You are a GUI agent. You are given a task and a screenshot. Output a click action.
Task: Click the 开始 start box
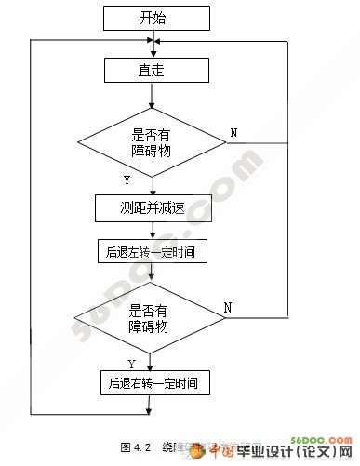[x=151, y=17]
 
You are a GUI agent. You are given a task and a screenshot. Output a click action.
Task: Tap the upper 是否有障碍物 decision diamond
[x=151, y=142]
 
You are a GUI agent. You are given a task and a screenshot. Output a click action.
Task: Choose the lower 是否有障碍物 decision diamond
[x=149, y=318]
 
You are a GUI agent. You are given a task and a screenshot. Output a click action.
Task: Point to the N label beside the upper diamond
[x=233, y=133]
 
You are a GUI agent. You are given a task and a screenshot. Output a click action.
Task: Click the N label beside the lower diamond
[x=228, y=307]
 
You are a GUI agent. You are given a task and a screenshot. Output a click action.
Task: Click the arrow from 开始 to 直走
[x=151, y=43]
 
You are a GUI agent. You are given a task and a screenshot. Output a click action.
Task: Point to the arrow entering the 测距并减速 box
[x=151, y=184]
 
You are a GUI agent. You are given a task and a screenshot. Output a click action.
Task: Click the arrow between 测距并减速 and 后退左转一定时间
[x=151, y=230]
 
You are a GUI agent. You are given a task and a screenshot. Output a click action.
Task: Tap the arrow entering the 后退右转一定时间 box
[x=151, y=363]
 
